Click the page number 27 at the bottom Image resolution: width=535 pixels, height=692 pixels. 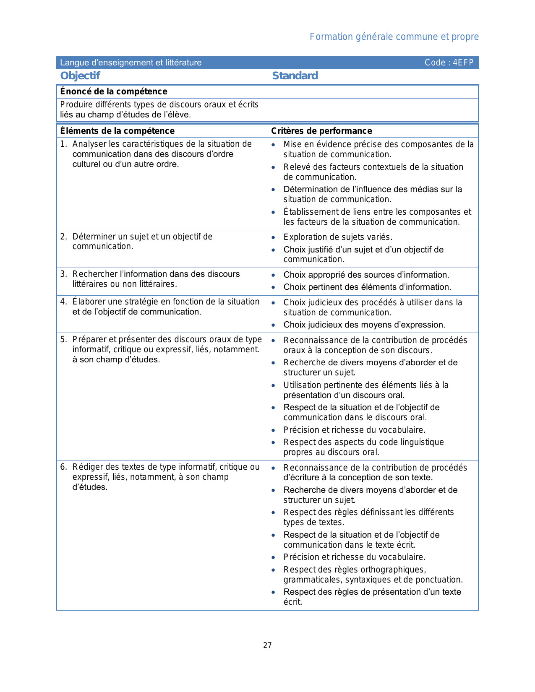click(x=267, y=645)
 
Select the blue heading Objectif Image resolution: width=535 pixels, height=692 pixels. click(x=80, y=76)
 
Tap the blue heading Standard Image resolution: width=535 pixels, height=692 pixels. click(x=295, y=76)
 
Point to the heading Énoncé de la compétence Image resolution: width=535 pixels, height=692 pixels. click(x=114, y=91)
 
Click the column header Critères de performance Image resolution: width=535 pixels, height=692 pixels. click(x=321, y=131)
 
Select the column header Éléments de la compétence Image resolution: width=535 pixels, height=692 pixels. click(x=117, y=131)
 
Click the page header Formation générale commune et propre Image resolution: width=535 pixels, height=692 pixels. click(x=394, y=37)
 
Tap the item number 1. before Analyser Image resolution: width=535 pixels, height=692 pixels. click(x=63, y=144)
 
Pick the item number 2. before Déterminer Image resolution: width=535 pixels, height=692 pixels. click(x=63, y=237)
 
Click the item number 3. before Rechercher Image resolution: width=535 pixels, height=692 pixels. click(x=63, y=274)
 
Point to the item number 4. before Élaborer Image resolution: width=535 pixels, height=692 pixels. click(x=63, y=302)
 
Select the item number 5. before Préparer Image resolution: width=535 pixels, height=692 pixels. click(x=63, y=340)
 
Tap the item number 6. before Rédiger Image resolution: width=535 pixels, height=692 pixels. click(x=63, y=467)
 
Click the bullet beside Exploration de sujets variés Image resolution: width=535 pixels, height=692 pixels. click(x=273, y=238)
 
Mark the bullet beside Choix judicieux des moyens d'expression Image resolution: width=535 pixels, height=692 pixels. click(x=273, y=325)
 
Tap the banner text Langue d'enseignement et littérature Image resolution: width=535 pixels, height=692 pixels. click(x=130, y=63)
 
